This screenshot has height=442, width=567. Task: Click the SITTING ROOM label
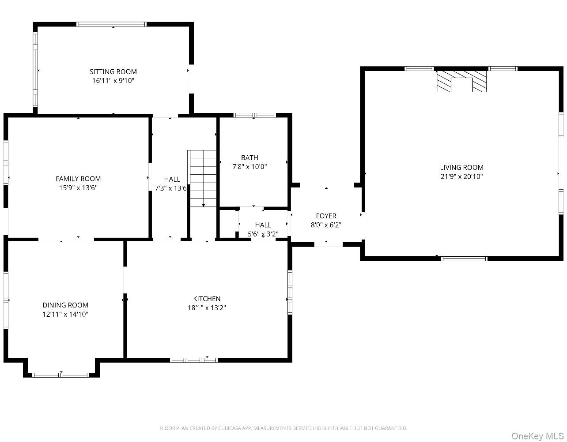[113, 71]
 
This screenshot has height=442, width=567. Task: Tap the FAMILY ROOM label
[78, 179]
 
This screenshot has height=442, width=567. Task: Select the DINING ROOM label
[65, 305]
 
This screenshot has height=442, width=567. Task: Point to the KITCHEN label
[207, 299]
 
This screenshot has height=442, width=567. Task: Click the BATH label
[249, 157]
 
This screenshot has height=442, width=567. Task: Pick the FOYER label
[326, 216]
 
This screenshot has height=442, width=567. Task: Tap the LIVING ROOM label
[461, 167]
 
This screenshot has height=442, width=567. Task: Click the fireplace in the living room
[461, 81]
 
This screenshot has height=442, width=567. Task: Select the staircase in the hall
[202, 179]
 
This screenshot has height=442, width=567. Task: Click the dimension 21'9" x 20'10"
[461, 176]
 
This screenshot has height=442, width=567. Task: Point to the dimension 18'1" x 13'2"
[207, 308]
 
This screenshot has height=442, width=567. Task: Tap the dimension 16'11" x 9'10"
[113, 81]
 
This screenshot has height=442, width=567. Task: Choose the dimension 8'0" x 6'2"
[326, 225]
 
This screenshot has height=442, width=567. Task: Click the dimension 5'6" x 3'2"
[263, 234]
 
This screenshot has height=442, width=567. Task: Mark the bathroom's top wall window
[254, 115]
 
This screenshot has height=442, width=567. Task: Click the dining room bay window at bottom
[61, 375]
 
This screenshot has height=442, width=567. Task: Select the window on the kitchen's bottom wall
[193, 360]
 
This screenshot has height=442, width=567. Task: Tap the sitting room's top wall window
[111, 24]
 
